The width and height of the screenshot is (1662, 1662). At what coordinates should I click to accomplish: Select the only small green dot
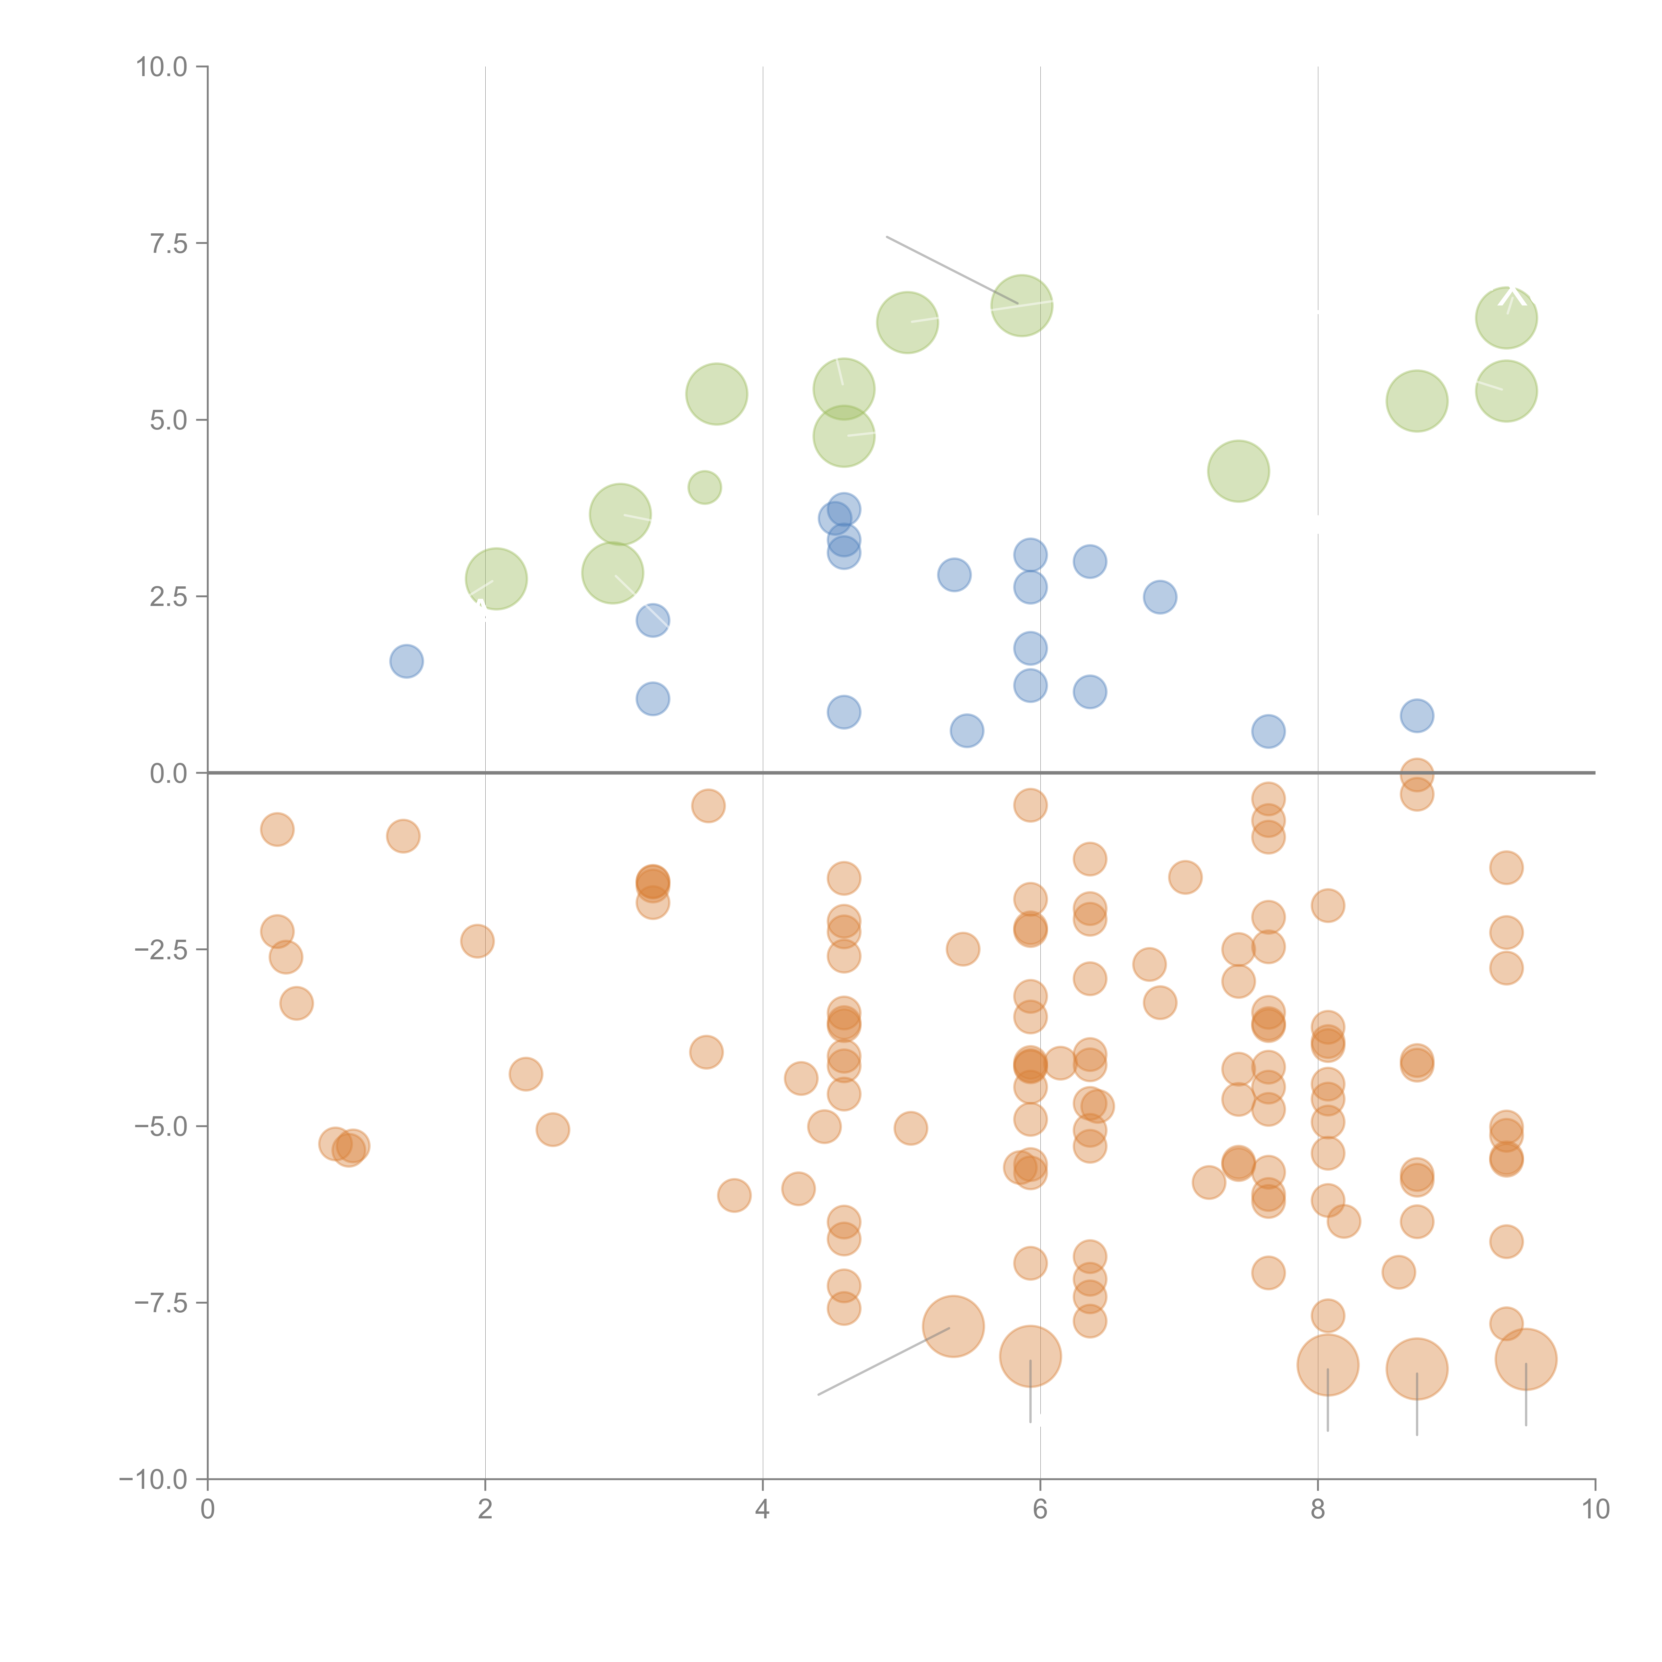tap(705, 488)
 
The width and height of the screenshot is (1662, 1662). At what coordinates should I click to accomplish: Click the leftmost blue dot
tap(406, 661)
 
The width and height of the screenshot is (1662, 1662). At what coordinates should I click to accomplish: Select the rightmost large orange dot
tap(1525, 1359)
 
